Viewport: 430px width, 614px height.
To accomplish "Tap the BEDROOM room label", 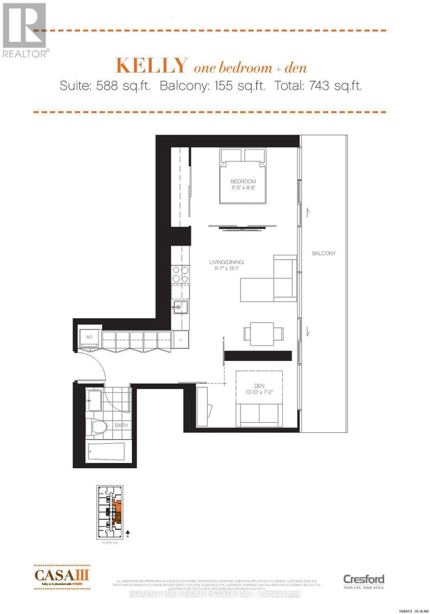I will point(243,182).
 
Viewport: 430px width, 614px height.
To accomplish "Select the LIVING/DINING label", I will point(226,262).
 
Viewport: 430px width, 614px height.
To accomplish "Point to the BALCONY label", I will point(324,253).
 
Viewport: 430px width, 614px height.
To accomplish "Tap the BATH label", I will point(121,425).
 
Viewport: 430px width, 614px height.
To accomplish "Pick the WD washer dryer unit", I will point(89,338).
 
